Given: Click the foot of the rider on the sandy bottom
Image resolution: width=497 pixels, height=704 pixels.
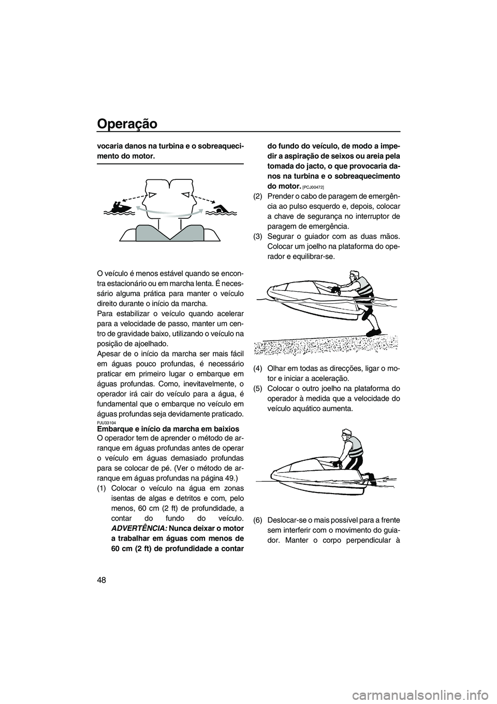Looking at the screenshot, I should [372, 331].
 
